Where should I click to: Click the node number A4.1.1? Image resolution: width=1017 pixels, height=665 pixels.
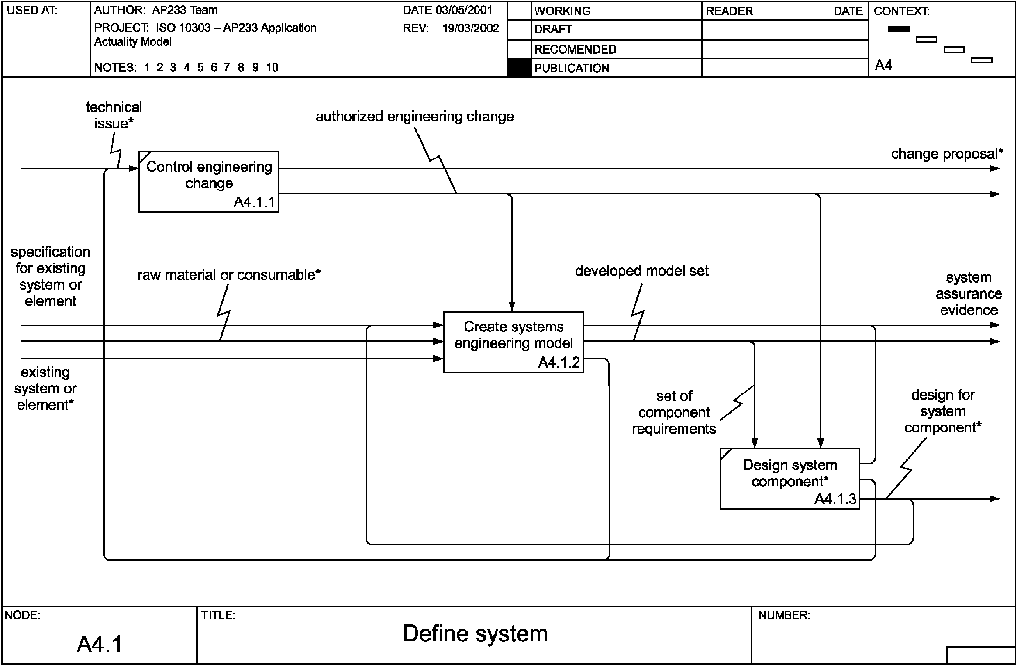[x=254, y=202]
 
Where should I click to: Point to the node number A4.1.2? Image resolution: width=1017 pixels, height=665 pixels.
[x=559, y=362]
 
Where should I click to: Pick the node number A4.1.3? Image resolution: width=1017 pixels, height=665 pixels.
[x=835, y=499]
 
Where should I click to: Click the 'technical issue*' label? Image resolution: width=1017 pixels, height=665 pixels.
[x=113, y=115]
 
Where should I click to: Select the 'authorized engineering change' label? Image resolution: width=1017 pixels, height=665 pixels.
[x=415, y=117]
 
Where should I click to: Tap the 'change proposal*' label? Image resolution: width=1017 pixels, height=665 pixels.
[x=946, y=154]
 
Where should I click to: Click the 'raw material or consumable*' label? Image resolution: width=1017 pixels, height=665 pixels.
[x=228, y=275]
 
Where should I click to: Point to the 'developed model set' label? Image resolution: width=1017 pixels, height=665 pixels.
[x=641, y=271]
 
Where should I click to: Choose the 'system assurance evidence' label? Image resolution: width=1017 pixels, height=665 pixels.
[x=968, y=294]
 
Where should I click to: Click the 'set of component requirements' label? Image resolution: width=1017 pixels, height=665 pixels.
[x=674, y=412]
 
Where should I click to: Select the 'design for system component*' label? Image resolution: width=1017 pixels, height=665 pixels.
[x=943, y=411]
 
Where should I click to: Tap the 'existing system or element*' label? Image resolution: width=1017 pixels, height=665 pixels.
[x=45, y=388]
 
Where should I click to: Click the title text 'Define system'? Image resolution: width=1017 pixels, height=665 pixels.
[x=475, y=633]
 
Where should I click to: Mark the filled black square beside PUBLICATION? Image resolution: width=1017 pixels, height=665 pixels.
[x=519, y=68]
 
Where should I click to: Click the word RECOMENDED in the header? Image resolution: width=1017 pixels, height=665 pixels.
[x=575, y=50]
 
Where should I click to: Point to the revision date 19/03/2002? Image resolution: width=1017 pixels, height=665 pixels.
[x=470, y=29]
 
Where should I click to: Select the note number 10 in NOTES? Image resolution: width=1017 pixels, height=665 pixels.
[x=272, y=68]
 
